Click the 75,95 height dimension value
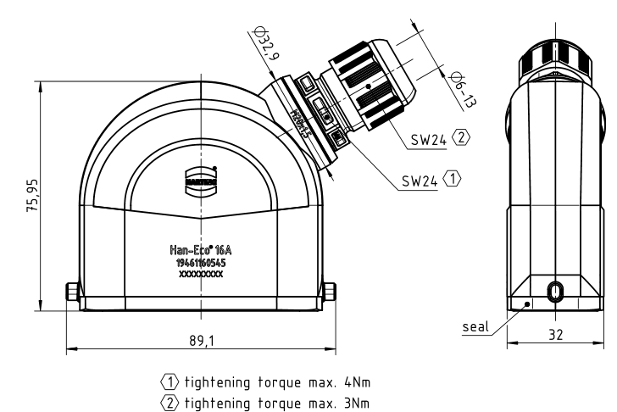32,196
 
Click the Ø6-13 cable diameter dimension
464,87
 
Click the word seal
475,326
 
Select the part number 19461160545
201,264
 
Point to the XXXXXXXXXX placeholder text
201,275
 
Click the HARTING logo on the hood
200,180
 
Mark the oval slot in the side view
554,291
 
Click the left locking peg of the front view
72,294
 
